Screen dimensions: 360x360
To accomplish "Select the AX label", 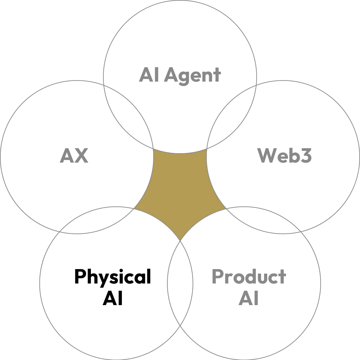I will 73,156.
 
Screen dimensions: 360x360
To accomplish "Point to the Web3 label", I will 284,156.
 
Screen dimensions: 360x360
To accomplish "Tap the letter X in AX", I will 81,156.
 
